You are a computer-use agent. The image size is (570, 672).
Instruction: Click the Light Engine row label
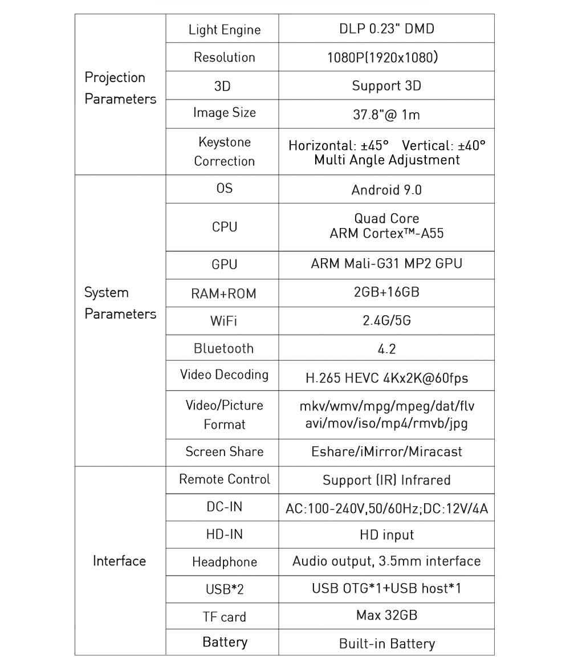pyautogui.click(x=224, y=30)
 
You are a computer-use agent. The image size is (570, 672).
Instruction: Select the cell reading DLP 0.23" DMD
pyautogui.click(x=386, y=29)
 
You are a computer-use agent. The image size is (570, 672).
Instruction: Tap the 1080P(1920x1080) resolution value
pyautogui.click(x=386, y=58)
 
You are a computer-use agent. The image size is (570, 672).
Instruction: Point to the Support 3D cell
pyautogui.click(x=386, y=86)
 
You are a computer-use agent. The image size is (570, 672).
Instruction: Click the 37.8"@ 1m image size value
pyautogui.click(x=386, y=115)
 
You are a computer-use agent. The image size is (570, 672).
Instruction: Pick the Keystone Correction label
pyautogui.click(x=224, y=152)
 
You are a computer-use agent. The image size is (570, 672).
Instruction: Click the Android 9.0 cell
pyautogui.click(x=386, y=190)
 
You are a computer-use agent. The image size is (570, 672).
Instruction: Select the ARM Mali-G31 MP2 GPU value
pyautogui.click(x=386, y=264)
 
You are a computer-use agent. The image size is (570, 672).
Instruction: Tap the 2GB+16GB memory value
pyautogui.click(x=386, y=292)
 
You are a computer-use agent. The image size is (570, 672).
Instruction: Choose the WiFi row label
pyautogui.click(x=224, y=321)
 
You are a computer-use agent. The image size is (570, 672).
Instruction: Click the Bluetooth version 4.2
pyautogui.click(x=386, y=349)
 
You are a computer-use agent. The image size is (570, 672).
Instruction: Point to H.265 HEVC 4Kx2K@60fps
pyautogui.click(x=386, y=377)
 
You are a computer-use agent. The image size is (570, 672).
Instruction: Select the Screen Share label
pyautogui.click(x=224, y=452)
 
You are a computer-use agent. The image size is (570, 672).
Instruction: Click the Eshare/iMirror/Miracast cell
pyautogui.click(x=386, y=452)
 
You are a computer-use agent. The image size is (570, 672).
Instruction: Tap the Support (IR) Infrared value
pyautogui.click(x=386, y=480)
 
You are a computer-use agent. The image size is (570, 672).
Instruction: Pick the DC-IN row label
pyautogui.click(x=224, y=507)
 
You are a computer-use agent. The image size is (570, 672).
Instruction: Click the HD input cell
pyautogui.click(x=386, y=535)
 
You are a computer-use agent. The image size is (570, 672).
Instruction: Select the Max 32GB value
pyautogui.click(x=386, y=616)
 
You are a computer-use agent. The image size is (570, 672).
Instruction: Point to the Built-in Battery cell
pyautogui.click(x=386, y=644)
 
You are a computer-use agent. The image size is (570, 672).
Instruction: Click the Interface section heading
pyautogui.click(x=119, y=561)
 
